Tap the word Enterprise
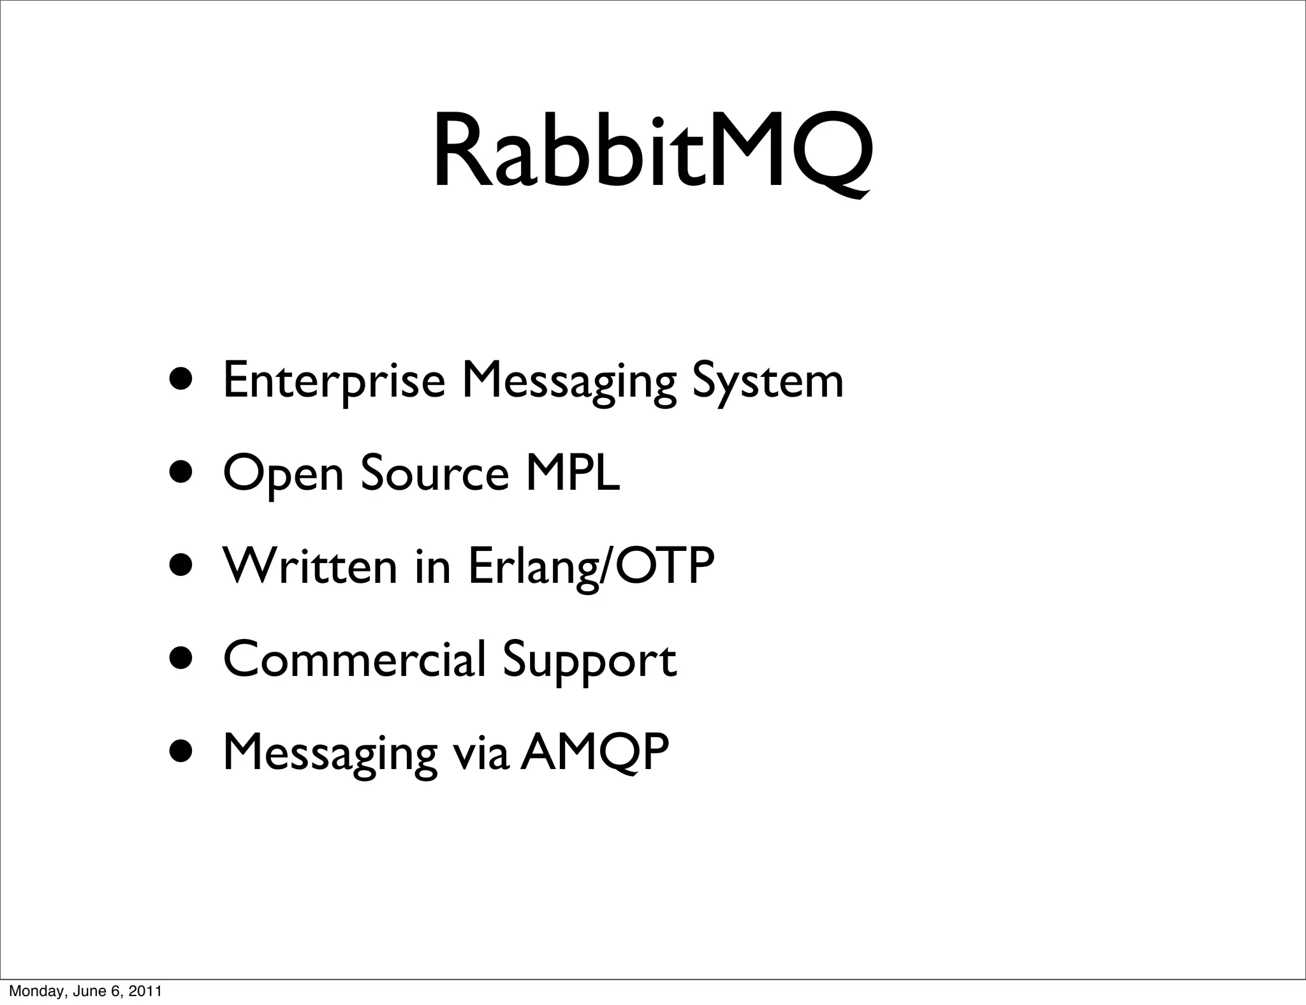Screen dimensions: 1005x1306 (x=334, y=381)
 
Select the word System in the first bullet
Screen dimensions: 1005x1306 (x=767, y=381)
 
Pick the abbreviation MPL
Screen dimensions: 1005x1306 (x=572, y=473)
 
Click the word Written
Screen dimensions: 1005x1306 (x=309, y=566)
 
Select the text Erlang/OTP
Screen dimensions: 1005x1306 (x=591, y=566)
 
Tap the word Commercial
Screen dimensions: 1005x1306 (x=354, y=659)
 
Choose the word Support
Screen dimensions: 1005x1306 (x=589, y=660)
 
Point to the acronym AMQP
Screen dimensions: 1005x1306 (x=594, y=752)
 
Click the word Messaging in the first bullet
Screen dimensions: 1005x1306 (x=568, y=381)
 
